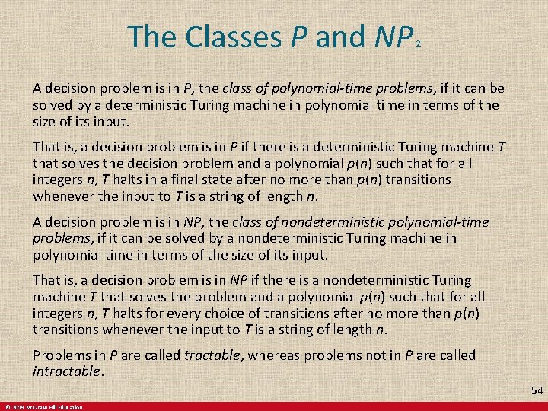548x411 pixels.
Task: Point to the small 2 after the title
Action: point(419,44)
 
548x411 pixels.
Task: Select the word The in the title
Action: point(152,37)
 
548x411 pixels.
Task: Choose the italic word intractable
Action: point(67,371)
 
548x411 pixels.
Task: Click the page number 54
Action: point(537,391)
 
